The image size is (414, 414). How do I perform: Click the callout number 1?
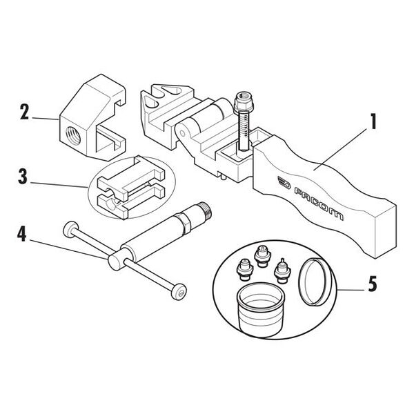373,121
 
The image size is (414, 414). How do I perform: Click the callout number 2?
24,112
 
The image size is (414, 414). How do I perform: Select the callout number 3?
23,177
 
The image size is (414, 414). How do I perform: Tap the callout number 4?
22,235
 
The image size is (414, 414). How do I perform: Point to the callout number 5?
373,284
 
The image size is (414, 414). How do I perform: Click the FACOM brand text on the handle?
319,204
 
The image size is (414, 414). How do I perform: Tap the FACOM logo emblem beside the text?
284,182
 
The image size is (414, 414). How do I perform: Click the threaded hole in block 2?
72,135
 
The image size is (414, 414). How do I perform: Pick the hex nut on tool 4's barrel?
182,224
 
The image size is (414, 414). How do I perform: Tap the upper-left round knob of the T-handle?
71,229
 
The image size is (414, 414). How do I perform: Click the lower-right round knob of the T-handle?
179,292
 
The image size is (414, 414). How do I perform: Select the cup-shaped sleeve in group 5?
261,313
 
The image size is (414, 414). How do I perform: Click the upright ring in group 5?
315,282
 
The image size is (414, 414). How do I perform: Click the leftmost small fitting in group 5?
244,268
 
